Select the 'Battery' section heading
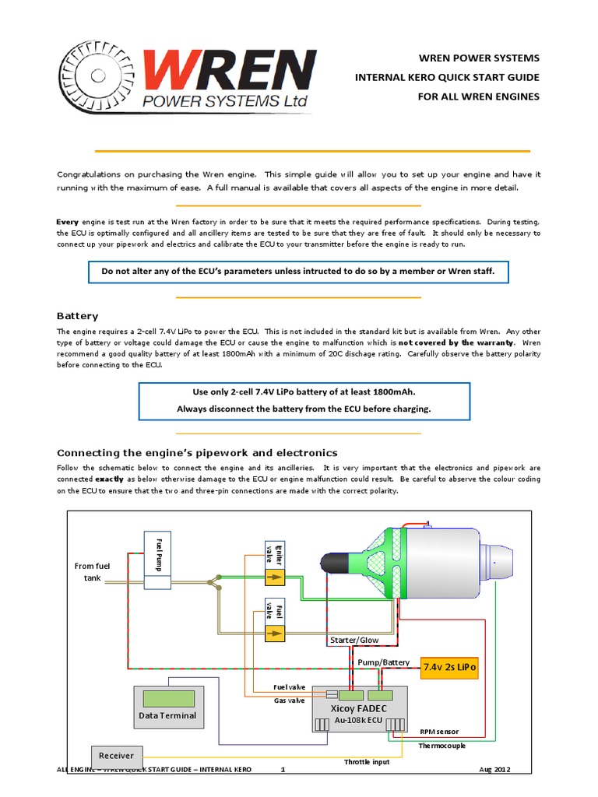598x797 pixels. point(78,316)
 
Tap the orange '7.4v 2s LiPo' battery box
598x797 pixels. point(448,667)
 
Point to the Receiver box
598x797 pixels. point(116,755)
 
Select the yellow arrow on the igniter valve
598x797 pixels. point(274,577)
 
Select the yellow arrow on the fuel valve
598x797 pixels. point(274,634)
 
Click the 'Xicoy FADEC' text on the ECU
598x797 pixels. point(359,709)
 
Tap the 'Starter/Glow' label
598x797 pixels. point(354,639)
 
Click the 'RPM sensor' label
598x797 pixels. point(439,732)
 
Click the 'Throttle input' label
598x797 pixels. point(367,762)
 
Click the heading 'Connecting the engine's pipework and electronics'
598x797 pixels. point(198,452)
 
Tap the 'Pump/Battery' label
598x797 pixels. point(383,662)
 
